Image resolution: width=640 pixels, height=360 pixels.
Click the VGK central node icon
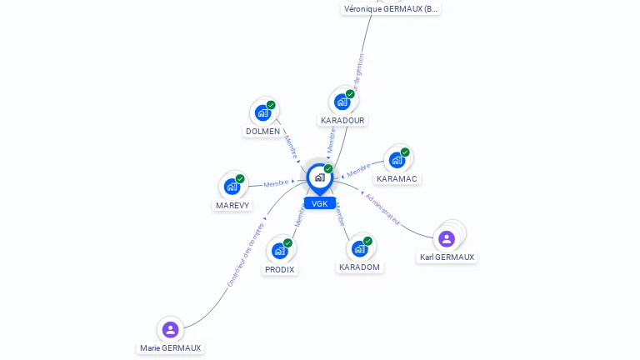coord(319,177)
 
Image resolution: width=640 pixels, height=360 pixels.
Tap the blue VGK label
coord(320,203)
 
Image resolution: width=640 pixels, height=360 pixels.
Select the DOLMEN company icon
coord(263,112)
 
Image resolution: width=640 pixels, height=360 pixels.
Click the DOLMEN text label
coord(262,132)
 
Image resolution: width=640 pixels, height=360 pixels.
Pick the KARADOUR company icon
coord(342,102)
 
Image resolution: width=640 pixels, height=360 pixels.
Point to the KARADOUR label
coord(342,121)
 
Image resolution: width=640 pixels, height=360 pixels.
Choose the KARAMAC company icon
coord(397,159)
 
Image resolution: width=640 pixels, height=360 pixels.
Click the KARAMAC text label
coord(397,178)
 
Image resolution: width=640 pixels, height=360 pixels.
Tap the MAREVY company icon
coord(232,186)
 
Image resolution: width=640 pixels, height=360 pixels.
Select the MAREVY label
coord(232,205)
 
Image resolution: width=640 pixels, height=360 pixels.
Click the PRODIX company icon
coord(280,250)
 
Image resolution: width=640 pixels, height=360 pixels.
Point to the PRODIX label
coord(280,269)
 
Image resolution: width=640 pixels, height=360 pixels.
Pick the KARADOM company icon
coord(360,247)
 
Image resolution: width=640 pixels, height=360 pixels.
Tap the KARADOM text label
coord(360,267)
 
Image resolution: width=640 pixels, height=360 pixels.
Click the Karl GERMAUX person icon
coord(447,238)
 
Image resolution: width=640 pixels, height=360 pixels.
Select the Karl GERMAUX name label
coord(447,257)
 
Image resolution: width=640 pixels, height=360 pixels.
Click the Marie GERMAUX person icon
coord(171,329)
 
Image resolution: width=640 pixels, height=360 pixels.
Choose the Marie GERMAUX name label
coord(171,348)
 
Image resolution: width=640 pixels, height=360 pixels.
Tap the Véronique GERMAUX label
coord(391,9)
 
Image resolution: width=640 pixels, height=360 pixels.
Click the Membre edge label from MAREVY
coord(276,183)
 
